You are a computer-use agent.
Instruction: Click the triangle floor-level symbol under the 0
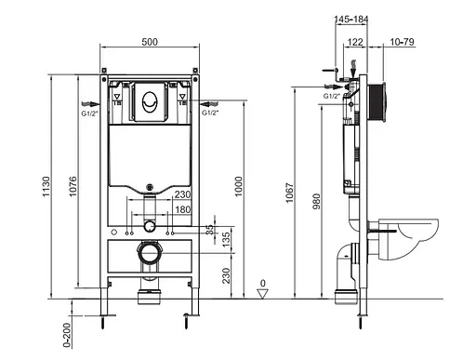(264, 293)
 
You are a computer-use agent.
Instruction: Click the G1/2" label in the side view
(330, 94)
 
